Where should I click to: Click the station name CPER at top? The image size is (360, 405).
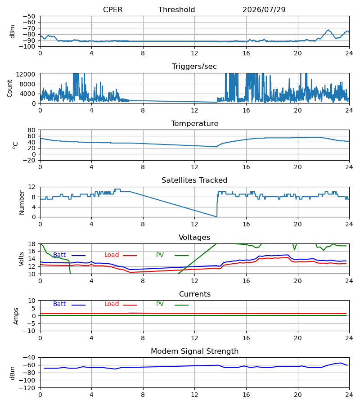click(x=112, y=9)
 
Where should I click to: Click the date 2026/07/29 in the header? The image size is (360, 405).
click(x=264, y=9)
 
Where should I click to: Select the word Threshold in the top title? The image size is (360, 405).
click(x=177, y=9)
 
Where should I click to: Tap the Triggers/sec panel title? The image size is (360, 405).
click(x=194, y=67)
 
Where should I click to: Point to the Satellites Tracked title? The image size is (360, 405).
click(x=194, y=180)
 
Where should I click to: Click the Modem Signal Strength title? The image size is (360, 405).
click(x=194, y=351)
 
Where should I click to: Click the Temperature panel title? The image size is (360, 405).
click(x=194, y=123)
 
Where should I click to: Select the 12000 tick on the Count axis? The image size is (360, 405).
click(x=26, y=74)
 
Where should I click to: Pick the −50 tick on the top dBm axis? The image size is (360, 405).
click(x=29, y=16)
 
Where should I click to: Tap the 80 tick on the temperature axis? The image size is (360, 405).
click(x=31, y=130)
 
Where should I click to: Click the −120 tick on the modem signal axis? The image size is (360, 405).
click(x=27, y=388)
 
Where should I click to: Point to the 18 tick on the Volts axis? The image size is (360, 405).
click(x=32, y=244)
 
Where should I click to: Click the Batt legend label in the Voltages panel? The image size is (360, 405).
click(x=59, y=255)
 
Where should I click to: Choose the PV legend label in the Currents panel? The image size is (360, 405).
click(x=160, y=304)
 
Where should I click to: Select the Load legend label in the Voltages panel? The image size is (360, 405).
click(x=112, y=255)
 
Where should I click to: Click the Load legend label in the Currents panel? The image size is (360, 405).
click(x=112, y=304)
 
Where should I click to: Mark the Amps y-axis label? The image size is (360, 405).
click(x=16, y=316)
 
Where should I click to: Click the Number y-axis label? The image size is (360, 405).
click(x=22, y=202)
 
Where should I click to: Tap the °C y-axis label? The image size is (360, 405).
click(x=15, y=145)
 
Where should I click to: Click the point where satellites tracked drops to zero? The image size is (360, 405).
click(x=216, y=217)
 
